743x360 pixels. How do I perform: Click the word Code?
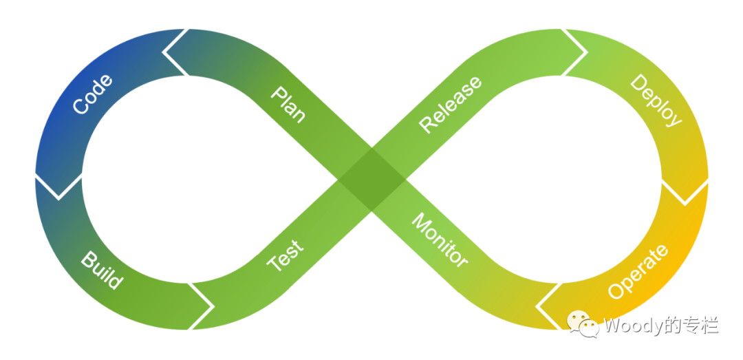click(x=92, y=94)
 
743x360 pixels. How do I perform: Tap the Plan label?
click(x=288, y=104)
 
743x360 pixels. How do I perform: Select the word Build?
click(x=102, y=270)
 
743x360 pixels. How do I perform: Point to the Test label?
click(x=284, y=255)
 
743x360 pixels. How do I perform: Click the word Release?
click(x=451, y=104)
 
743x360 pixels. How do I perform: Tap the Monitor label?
click(x=440, y=240)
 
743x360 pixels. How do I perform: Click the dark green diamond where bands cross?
click(x=372, y=180)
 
